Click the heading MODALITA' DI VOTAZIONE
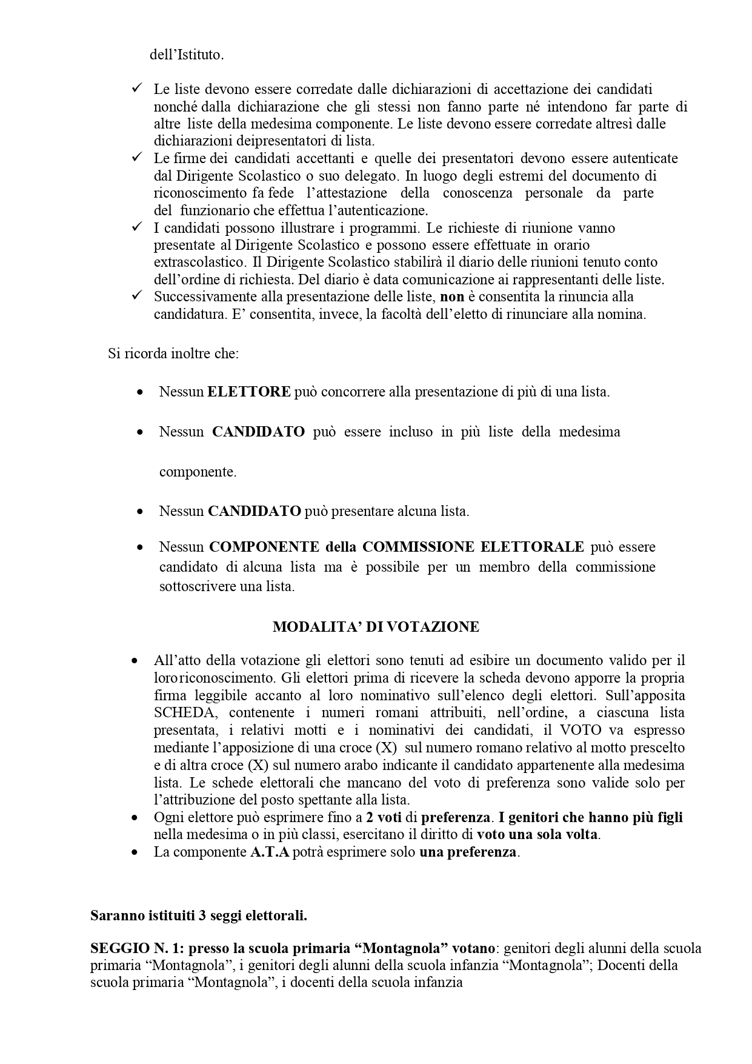(376, 627)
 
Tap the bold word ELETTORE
(249, 392)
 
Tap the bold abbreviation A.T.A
(270, 852)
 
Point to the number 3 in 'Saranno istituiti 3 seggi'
(201, 915)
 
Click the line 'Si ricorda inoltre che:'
(173, 353)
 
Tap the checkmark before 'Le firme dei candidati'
(136, 158)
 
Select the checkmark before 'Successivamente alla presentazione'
(136, 296)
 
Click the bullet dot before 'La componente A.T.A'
(135, 852)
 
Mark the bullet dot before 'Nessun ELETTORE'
(141, 392)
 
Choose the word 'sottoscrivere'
(197, 587)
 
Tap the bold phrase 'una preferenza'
(468, 852)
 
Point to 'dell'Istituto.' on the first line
(187, 55)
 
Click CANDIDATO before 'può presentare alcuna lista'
(255, 511)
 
